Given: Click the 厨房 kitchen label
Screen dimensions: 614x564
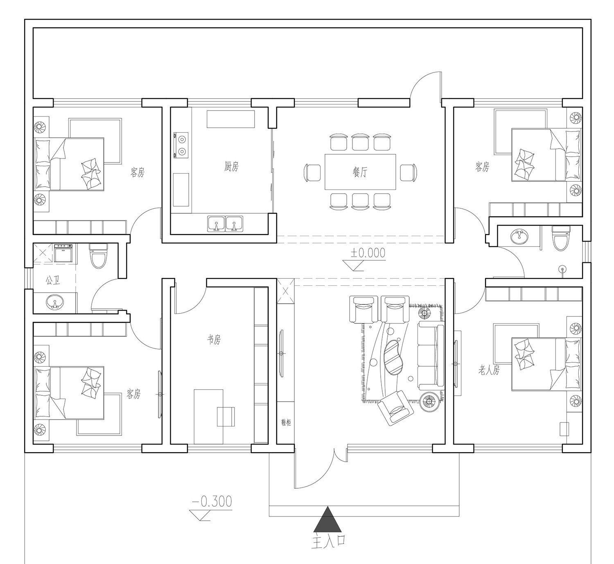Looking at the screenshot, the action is (231, 166).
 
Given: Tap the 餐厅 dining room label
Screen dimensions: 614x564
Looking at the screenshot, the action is (359, 172).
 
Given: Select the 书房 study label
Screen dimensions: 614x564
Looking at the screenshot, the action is (214, 339).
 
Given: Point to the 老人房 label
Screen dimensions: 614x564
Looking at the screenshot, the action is (489, 370).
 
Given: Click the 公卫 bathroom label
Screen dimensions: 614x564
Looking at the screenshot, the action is (53, 280).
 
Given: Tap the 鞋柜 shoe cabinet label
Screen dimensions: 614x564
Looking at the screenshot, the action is (286, 423).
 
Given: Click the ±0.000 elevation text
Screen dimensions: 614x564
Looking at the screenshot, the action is (368, 253).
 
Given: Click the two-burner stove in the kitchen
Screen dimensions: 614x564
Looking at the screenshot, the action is (181, 145).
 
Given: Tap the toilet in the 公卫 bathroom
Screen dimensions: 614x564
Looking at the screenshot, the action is (98, 255).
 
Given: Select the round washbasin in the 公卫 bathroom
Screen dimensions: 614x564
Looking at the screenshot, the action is (55, 302).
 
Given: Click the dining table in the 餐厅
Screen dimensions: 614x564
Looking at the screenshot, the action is (360, 172).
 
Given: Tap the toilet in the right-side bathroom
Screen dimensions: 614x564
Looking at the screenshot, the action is (561, 238).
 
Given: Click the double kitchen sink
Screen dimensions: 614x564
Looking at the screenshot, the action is (225, 223).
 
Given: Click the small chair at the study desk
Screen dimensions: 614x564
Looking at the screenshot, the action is (226, 416).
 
